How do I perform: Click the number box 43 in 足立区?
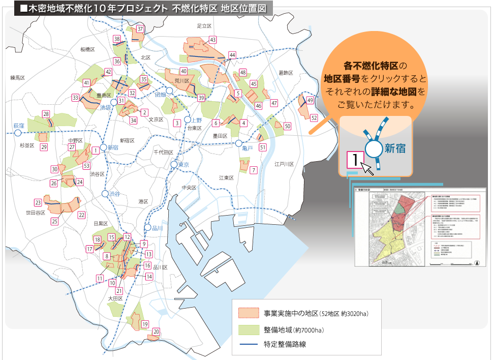point(213,40)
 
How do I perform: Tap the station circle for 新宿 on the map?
point(104,147)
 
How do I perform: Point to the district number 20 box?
point(157,332)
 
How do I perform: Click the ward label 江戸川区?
point(284,164)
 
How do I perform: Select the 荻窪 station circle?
point(18,133)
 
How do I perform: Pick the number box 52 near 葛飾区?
point(314,118)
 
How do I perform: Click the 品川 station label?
point(158,228)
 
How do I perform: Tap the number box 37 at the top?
point(141,29)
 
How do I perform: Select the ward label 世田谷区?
point(36,213)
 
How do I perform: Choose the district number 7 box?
point(253,170)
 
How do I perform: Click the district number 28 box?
point(46,114)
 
